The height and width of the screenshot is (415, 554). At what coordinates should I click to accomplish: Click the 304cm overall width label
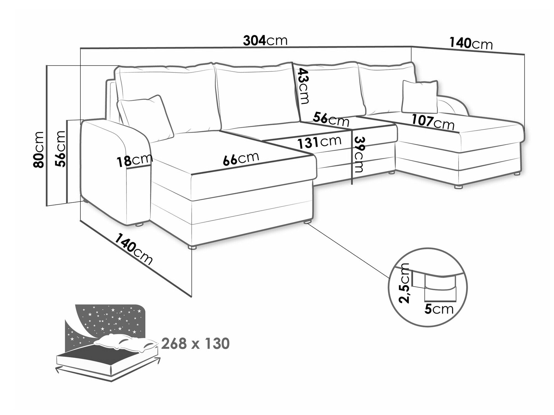265,41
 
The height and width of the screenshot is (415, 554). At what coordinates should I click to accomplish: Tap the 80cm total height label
38,149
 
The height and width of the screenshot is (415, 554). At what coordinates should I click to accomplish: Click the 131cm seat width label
319,142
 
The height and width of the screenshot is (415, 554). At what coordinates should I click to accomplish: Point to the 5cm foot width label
439,309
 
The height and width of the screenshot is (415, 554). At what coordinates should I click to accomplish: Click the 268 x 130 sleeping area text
195,344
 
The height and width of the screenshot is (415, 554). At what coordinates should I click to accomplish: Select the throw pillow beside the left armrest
146,118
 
